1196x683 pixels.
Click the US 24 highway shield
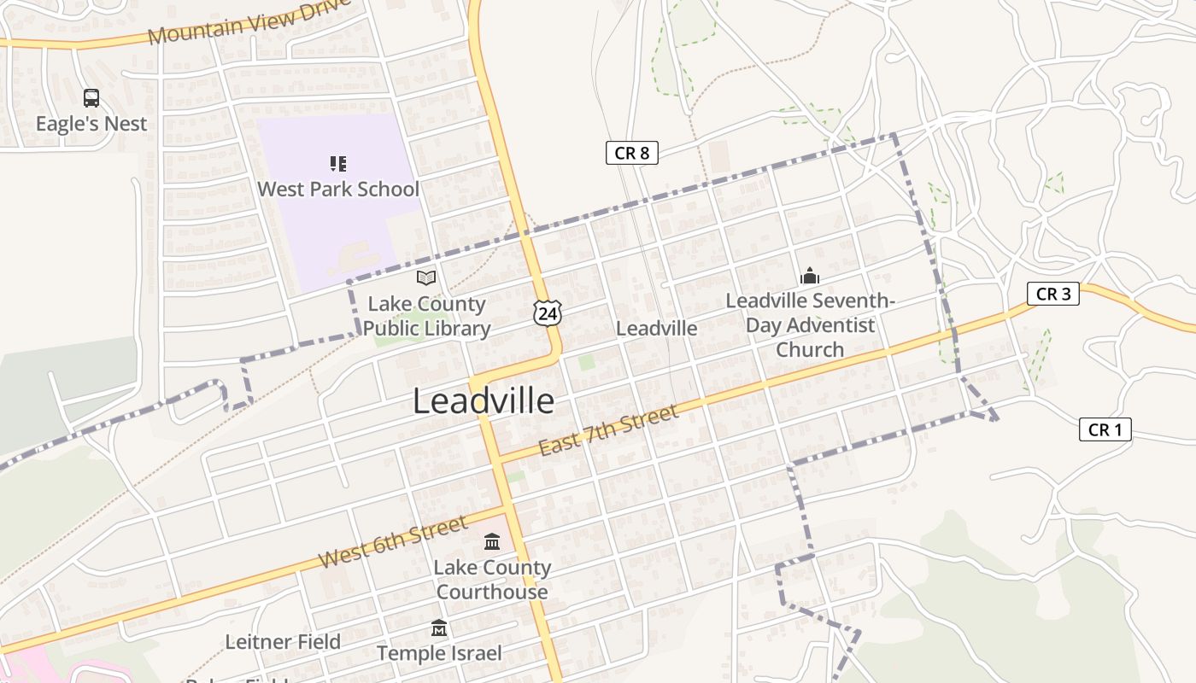pos(548,312)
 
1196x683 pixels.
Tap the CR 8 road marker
pos(632,153)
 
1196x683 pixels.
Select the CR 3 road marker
pos(1052,294)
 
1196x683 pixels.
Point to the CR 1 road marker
pos(1105,429)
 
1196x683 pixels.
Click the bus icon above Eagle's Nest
pos(91,98)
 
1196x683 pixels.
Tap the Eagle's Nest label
pos(91,124)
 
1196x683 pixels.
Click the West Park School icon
pos(338,163)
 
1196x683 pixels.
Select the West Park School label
pos(338,189)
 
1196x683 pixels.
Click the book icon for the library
pos(426,277)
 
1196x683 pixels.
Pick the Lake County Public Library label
pos(426,316)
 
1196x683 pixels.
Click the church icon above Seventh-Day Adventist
pos(809,276)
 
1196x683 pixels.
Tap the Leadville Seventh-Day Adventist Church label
pos(809,325)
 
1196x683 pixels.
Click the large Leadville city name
pos(484,400)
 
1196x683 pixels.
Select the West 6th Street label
pos(393,541)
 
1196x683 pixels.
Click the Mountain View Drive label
pos(249,22)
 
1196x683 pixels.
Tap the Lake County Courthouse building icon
pos(492,541)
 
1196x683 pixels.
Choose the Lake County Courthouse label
pos(492,580)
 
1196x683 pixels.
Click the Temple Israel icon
pos(439,628)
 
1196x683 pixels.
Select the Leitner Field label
pos(283,642)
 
